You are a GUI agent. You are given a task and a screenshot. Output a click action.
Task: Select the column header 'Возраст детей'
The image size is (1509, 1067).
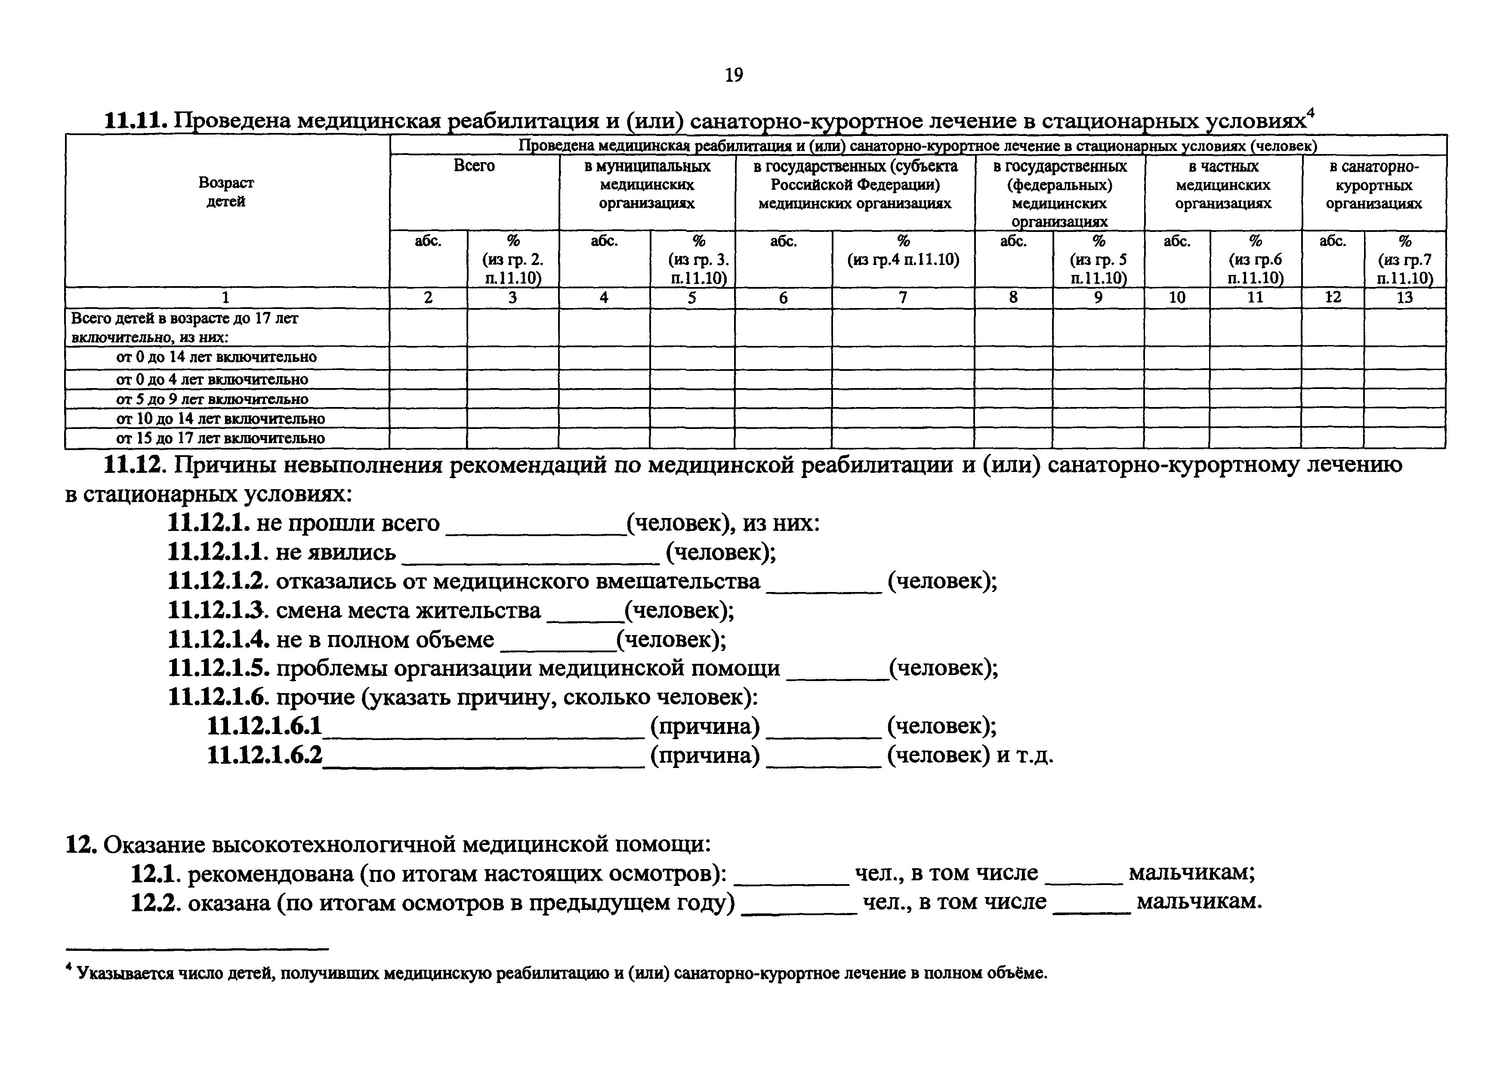click(226, 192)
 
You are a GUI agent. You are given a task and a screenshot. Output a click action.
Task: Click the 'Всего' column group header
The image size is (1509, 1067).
click(474, 166)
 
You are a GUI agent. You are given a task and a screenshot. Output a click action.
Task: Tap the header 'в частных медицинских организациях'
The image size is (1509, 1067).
click(1223, 185)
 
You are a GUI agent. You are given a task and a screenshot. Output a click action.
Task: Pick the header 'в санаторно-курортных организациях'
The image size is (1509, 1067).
click(1373, 185)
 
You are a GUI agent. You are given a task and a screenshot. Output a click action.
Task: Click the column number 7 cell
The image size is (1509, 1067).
click(903, 298)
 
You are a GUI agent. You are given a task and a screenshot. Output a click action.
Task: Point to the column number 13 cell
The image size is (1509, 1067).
click(1404, 298)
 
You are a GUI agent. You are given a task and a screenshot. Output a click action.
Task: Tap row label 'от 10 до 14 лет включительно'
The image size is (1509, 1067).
click(220, 419)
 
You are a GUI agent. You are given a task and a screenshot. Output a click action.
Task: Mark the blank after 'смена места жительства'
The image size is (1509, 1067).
click(585, 616)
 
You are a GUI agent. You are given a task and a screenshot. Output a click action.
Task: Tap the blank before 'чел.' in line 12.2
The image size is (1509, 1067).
click(799, 908)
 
